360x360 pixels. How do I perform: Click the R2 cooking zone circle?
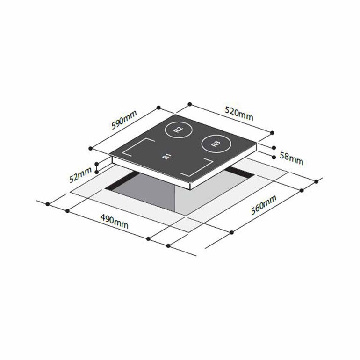[x=177, y=130]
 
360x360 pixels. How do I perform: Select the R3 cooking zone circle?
[x=215, y=144]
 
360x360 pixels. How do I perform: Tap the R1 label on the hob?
[x=166, y=157]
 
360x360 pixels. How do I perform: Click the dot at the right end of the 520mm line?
[x=272, y=132]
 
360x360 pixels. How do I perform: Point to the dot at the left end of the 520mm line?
[x=189, y=103]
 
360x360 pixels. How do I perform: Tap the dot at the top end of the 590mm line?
[x=159, y=108]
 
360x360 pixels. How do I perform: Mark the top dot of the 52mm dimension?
[x=97, y=164]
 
